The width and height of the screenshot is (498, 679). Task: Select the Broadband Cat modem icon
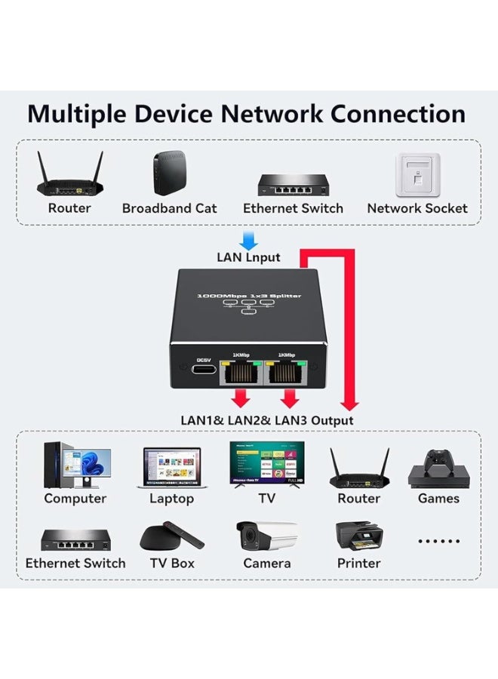coord(169,174)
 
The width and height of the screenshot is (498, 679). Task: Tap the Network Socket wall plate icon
coord(417,175)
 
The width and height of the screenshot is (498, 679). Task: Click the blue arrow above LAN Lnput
coord(248,239)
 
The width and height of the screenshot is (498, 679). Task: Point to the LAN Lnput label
coord(248,257)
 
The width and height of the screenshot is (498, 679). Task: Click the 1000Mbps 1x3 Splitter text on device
coord(248,296)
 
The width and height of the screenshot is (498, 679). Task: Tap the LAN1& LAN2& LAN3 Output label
coord(266,420)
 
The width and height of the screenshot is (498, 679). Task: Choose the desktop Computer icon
coord(75,465)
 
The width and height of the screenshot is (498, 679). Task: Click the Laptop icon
coord(172,468)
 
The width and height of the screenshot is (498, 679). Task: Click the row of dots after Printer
coord(438,541)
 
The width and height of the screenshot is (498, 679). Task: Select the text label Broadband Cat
coord(169,208)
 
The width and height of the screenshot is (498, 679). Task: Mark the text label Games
coord(438,498)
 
